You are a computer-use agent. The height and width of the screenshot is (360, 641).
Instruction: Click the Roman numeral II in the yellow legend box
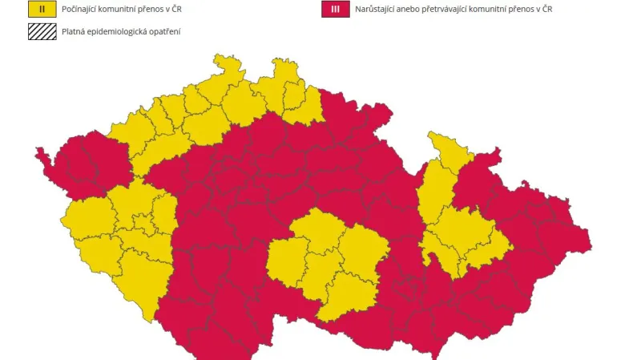(x=42, y=10)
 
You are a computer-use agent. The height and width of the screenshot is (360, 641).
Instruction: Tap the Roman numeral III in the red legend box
(x=334, y=10)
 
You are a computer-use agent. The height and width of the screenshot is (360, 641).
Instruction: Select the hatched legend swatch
(x=42, y=31)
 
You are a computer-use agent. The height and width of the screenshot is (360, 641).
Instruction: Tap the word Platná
(x=74, y=32)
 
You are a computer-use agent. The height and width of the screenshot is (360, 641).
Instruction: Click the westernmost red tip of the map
(x=37, y=152)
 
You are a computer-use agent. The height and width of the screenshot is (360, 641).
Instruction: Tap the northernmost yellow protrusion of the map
(x=217, y=57)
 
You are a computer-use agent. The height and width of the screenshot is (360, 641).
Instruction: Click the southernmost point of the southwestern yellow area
(x=149, y=321)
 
